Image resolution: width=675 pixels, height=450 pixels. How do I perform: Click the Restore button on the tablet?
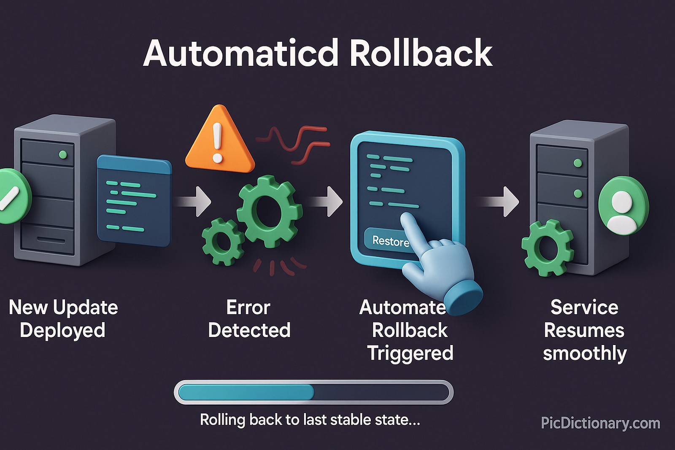pos(389,241)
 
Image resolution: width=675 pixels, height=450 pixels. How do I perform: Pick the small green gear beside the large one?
pos(223,241)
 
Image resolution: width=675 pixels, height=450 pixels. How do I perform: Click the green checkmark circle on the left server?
pos(13,196)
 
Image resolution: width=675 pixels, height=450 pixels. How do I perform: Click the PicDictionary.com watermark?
pos(600,423)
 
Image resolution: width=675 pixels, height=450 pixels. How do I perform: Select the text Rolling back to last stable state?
pos(310,420)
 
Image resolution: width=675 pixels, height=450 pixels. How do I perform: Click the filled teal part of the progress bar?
pos(246,392)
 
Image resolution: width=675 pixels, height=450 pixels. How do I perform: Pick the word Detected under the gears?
pos(249,330)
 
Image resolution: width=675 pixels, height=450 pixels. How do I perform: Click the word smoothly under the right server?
pos(584,353)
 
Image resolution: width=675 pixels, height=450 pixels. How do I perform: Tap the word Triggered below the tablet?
pos(410,353)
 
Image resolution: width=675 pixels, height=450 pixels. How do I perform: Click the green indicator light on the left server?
pos(63,154)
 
